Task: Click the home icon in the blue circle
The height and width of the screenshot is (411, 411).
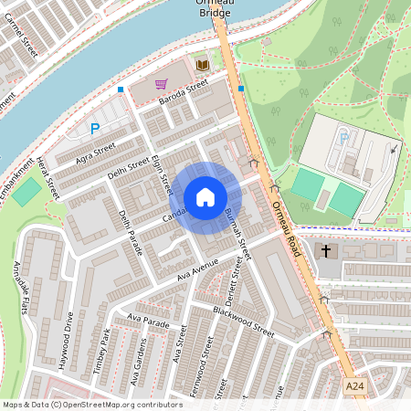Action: pos(205,197)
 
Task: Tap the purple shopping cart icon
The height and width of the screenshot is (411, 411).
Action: pos(161,84)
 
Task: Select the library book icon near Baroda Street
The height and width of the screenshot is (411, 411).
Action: pos(202,65)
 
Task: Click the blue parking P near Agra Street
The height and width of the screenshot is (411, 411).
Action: pos(94,131)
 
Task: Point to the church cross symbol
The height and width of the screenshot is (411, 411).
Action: pos(326,250)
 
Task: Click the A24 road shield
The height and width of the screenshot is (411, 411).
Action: pos(357,387)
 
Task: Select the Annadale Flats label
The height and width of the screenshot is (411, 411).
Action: pos(22,284)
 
